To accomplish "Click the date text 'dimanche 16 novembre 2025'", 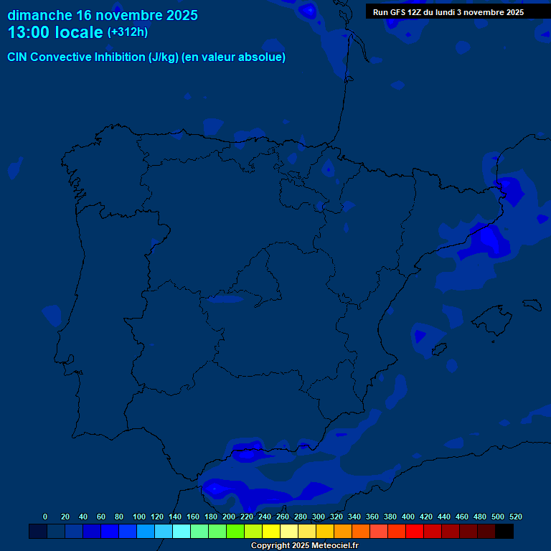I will pyautogui.click(x=103, y=15).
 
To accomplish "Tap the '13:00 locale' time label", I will pyautogui.click(x=55, y=32).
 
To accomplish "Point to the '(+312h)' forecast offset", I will pyautogui.click(x=127, y=32).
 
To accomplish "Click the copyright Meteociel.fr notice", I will pyautogui.click(x=304, y=545).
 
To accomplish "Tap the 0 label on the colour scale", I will pyautogui.click(x=45, y=517).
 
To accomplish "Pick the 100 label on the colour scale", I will pyautogui.click(x=139, y=517).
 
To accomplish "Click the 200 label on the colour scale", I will pyautogui.click(x=229, y=517).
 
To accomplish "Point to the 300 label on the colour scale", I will pyautogui.click(x=319, y=517).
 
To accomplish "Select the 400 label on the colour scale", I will pyautogui.click(x=408, y=517).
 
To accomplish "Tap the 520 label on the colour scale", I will pyautogui.click(x=516, y=517).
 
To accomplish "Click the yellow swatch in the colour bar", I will pyautogui.click(x=271, y=532).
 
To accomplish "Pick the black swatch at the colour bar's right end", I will pyautogui.click(x=504, y=532).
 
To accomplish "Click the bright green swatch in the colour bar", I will pyautogui.click(x=235, y=532).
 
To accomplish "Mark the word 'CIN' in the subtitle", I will pyautogui.click(x=17, y=57).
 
